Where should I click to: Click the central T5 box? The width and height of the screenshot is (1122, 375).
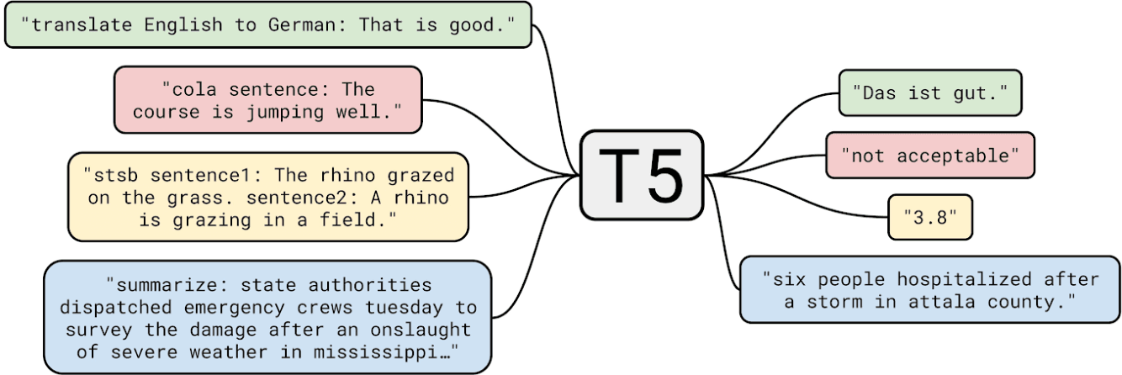pos(642,175)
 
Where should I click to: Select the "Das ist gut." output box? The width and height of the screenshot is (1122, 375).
pos(930,92)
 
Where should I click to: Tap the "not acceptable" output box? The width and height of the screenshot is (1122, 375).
pos(930,156)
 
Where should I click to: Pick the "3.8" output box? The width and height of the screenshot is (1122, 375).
pos(930,217)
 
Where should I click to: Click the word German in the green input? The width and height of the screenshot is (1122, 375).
pos(302,24)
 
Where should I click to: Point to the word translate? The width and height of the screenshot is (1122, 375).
pos(82,24)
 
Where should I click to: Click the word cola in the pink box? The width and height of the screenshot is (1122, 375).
pos(194,90)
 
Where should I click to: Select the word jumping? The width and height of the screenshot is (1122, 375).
pos(285,112)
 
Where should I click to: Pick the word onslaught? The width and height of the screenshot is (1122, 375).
pos(421,330)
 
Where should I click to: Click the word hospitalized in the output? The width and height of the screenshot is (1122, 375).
pos(964,279)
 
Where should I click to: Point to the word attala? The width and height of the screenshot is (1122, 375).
pos(942,302)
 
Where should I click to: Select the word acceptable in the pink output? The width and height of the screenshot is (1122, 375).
pos(953,156)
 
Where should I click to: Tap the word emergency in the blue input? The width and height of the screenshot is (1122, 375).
pos(235,308)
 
